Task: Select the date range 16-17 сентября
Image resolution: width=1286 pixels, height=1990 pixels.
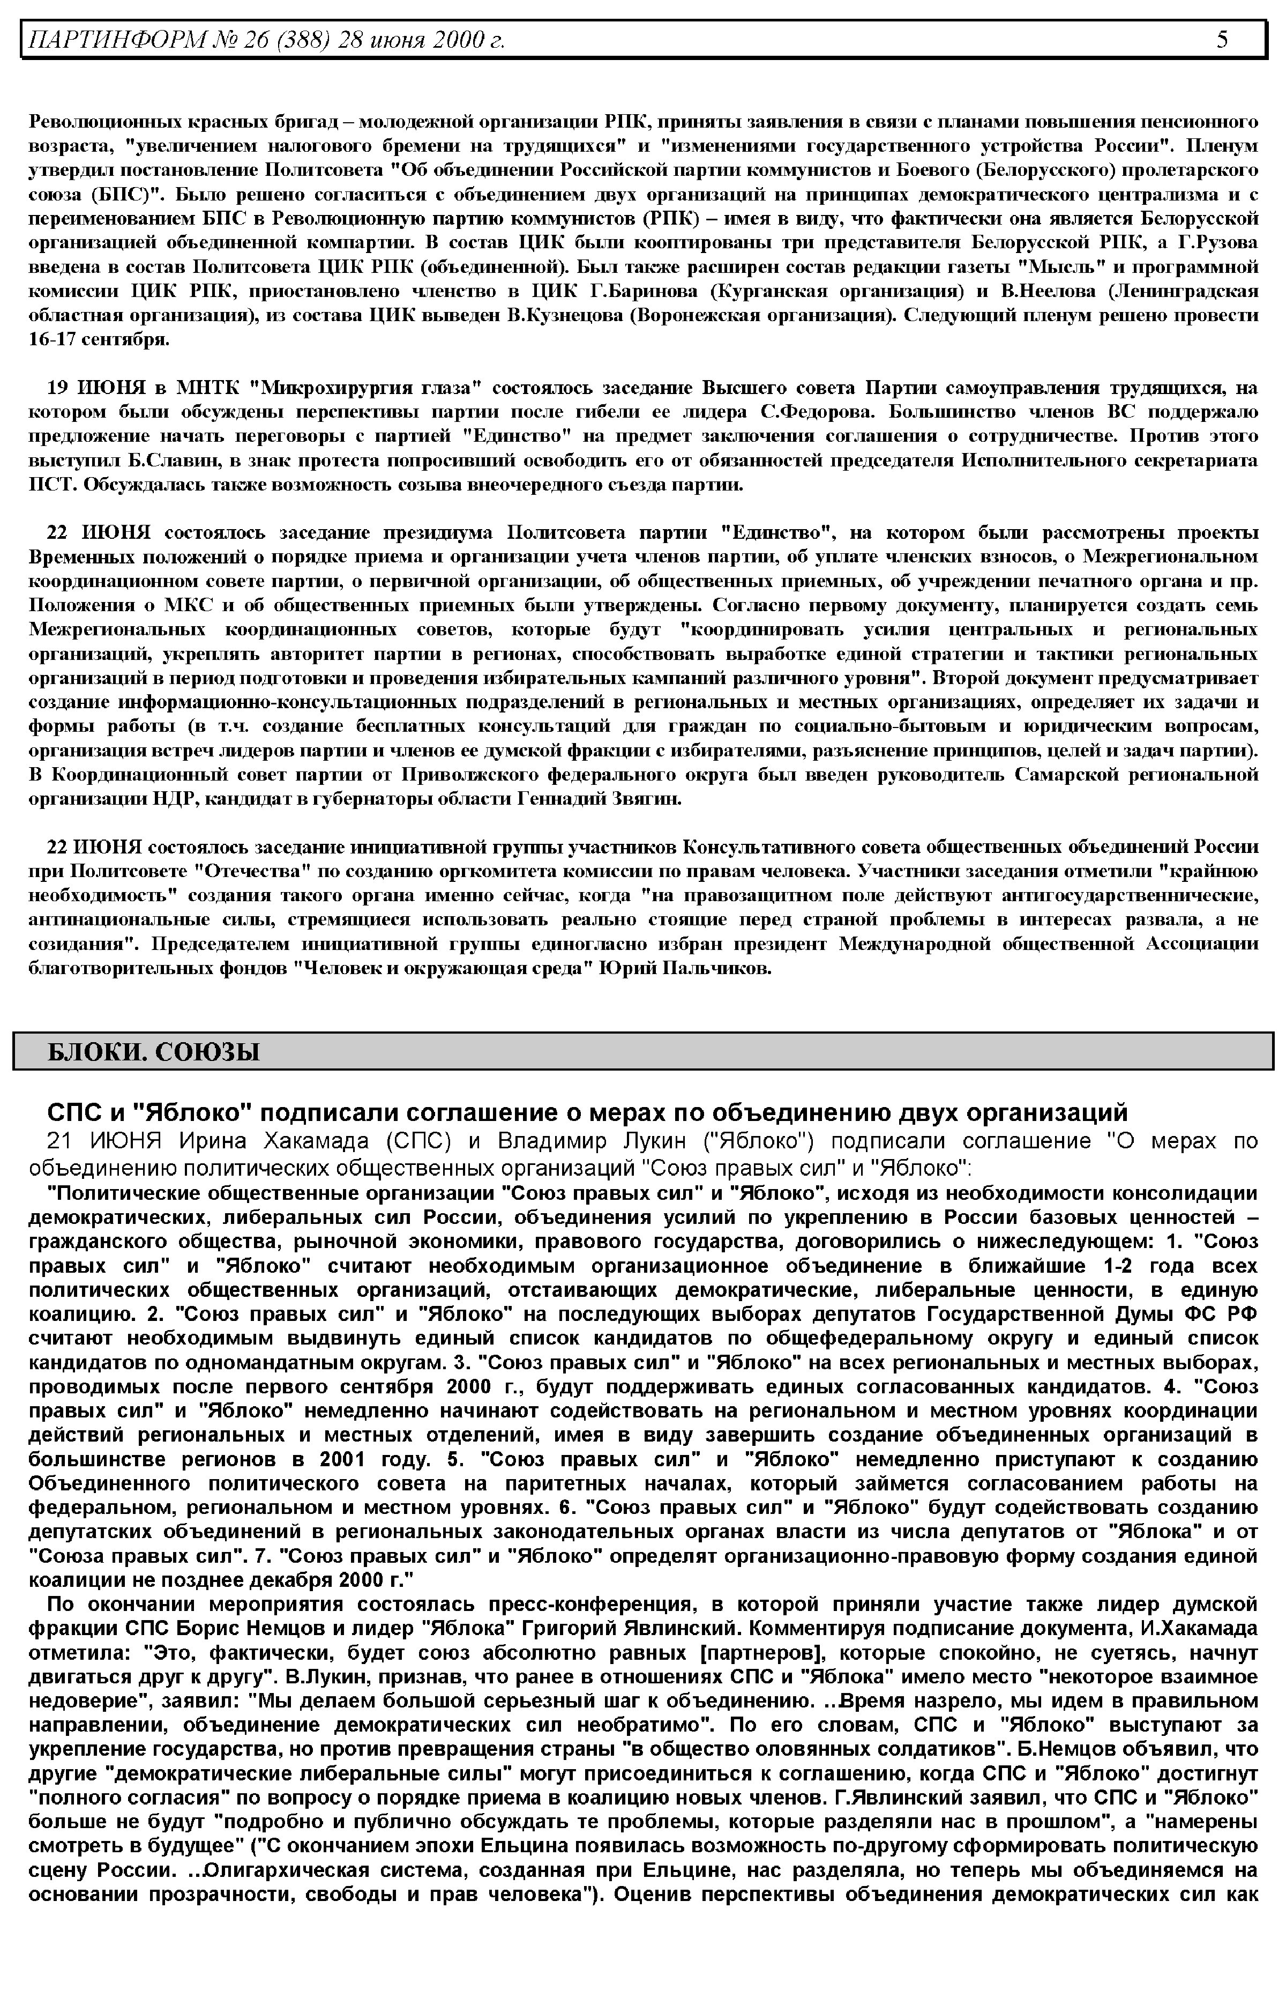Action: (99, 340)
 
